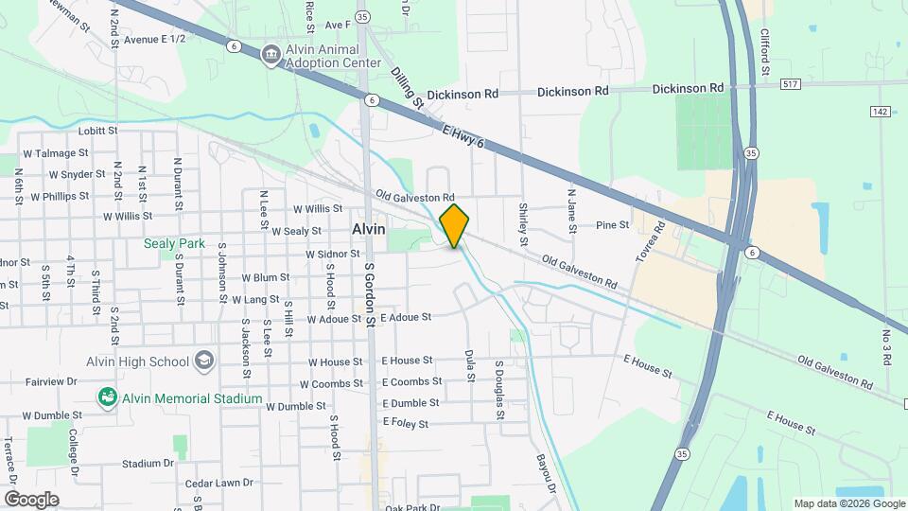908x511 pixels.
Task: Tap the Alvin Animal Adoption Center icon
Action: point(271,55)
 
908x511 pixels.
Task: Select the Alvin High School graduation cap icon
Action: point(203,361)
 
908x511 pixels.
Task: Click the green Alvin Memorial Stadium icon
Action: point(108,398)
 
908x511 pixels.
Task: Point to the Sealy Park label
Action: point(174,243)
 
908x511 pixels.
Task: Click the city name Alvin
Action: point(368,229)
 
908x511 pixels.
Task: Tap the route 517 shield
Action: point(793,84)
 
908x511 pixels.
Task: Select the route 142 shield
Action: point(881,111)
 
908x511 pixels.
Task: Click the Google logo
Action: point(31,499)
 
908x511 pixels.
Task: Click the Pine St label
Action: point(612,225)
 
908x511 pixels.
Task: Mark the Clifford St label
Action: point(764,52)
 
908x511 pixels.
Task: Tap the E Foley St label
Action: point(405,424)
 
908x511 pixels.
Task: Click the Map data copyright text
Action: point(847,503)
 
